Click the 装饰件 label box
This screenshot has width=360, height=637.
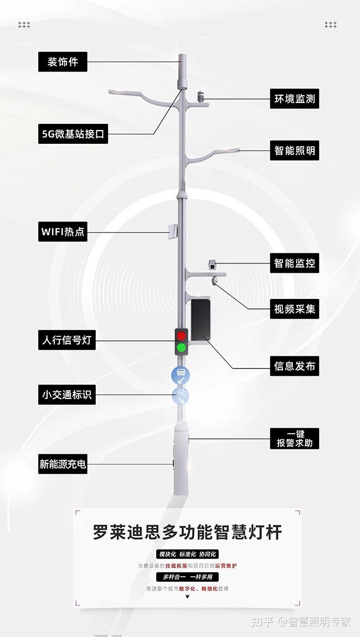(63, 62)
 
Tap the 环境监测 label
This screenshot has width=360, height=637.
(295, 99)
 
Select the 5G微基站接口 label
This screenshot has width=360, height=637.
(73, 134)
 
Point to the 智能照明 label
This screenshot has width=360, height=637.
(295, 151)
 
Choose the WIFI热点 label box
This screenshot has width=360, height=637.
(63, 231)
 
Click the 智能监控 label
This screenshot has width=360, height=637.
(295, 263)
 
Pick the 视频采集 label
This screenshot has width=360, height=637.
(295, 309)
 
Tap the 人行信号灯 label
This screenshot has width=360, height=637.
(67, 340)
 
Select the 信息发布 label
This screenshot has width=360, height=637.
(295, 366)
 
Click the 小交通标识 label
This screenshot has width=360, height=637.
(67, 395)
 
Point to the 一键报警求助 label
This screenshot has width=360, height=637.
(295, 438)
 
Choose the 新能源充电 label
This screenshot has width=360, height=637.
(63, 464)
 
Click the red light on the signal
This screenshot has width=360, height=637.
(182, 335)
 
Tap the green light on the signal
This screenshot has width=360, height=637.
(182, 348)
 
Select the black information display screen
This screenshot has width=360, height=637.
(200, 320)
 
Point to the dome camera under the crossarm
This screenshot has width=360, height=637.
(215, 281)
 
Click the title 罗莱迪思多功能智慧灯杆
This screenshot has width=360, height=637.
(188, 532)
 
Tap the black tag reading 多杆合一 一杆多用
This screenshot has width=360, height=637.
(188, 577)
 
